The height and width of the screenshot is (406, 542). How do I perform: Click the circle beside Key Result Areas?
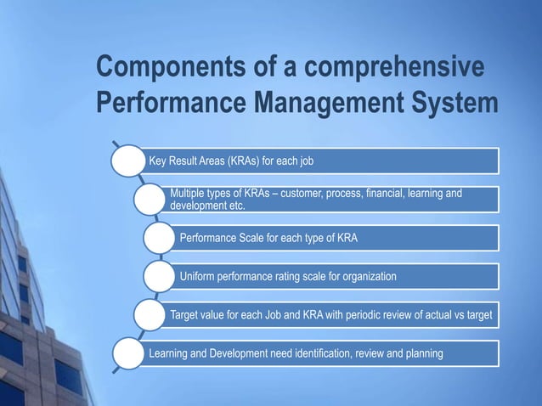coord(129,160)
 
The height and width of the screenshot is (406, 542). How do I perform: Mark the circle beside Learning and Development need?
coord(129,353)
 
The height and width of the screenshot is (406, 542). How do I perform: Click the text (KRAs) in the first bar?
coord(244,160)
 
